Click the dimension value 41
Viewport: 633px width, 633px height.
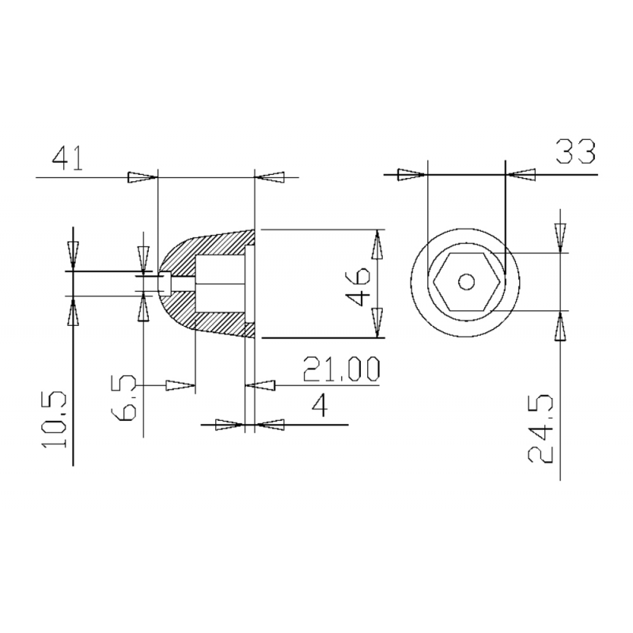click(67, 158)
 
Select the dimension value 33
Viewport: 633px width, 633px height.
click(576, 152)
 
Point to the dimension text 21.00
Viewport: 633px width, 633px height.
click(342, 369)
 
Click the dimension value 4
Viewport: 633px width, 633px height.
click(320, 405)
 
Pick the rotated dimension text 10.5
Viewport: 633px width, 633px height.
click(54, 419)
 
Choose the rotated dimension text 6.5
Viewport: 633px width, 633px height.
click(123, 398)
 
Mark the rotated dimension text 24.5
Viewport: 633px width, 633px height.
click(540, 428)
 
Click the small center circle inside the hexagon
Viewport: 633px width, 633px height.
click(467, 282)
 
